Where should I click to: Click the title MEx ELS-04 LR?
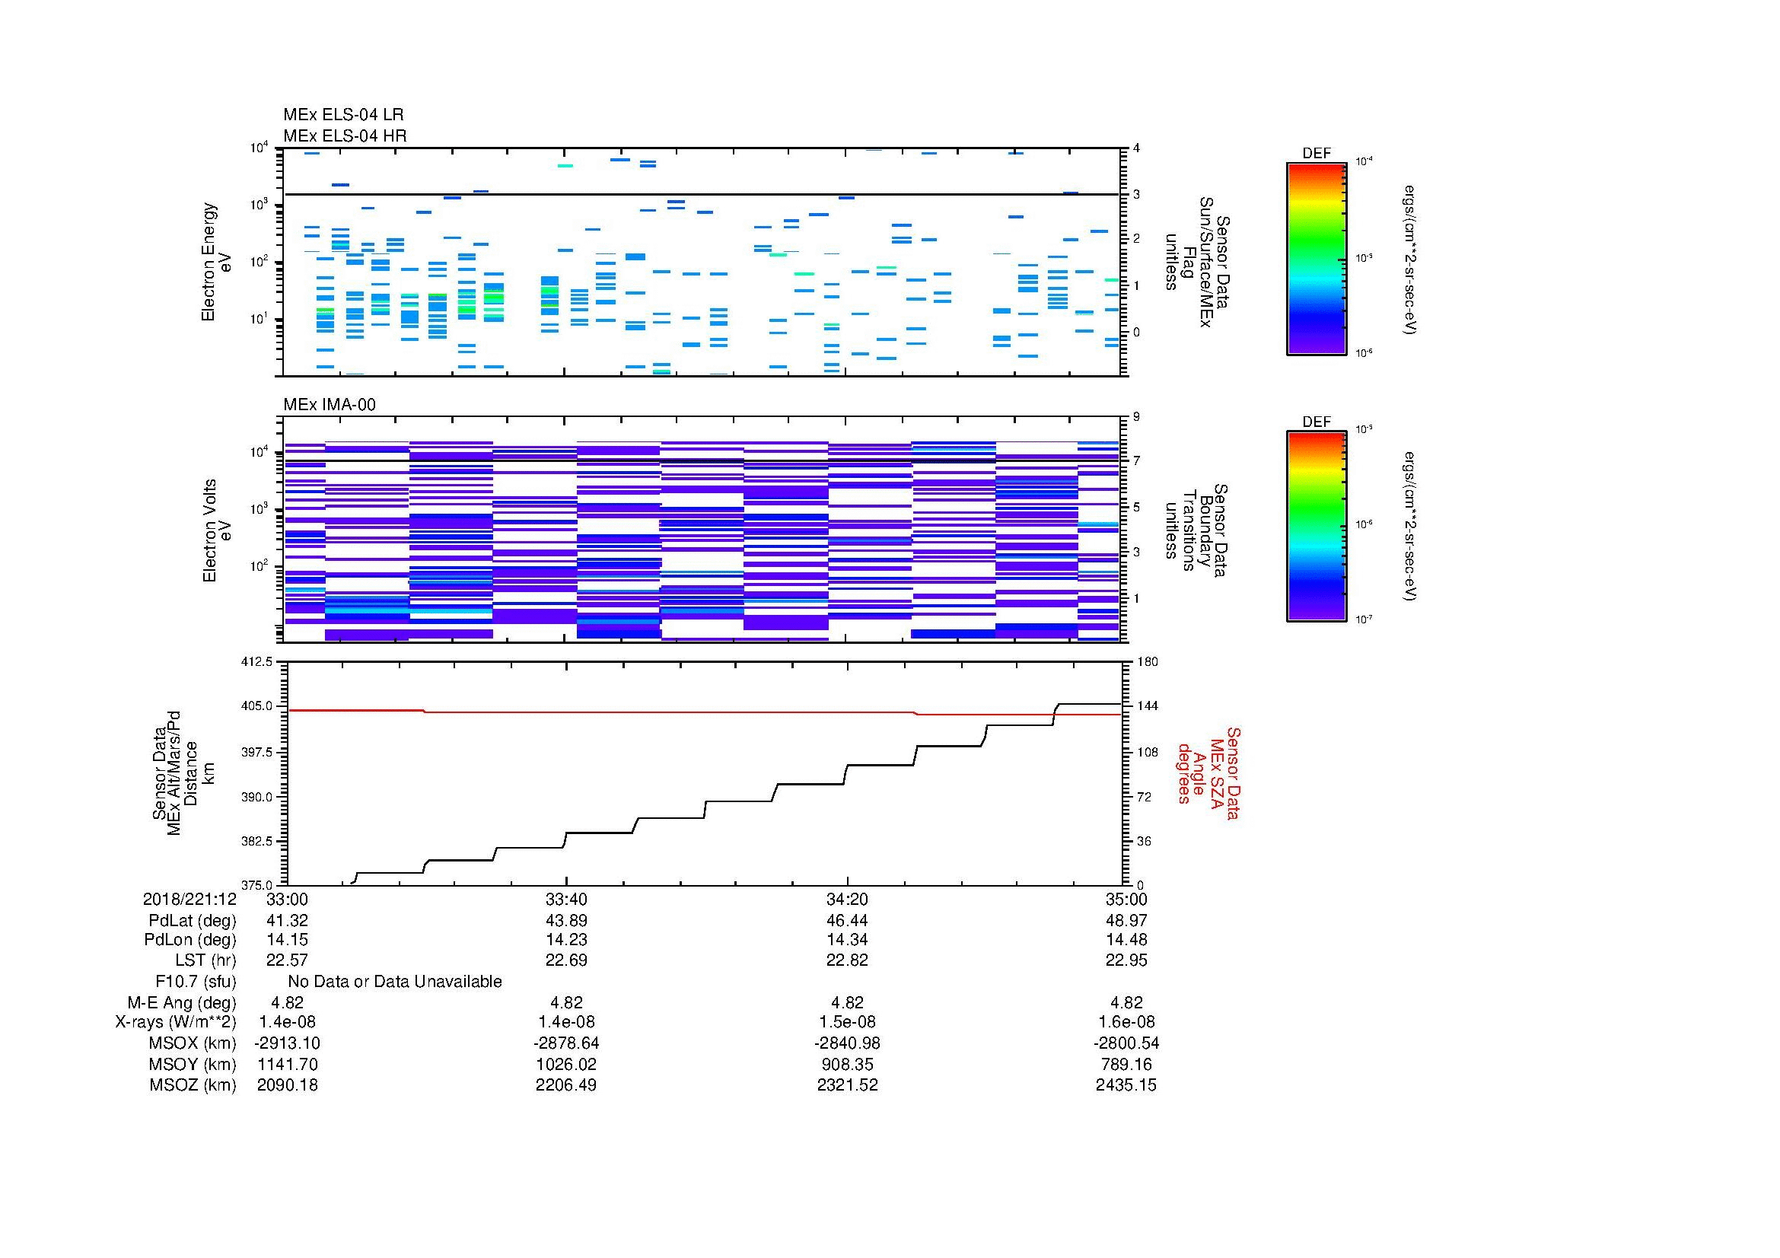pyautogui.click(x=342, y=115)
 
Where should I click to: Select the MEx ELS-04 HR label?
pyautogui.click(x=344, y=135)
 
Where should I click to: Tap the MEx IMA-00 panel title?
pyautogui.click(x=329, y=405)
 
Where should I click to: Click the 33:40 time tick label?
pyautogui.click(x=566, y=899)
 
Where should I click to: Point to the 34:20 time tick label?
pyautogui.click(x=846, y=899)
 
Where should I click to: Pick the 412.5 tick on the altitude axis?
pyautogui.click(x=257, y=662)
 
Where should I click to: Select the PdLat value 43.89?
pyautogui.click(x=566, y=920)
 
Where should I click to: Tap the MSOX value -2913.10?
pyautogui.click(x=287, y=1043)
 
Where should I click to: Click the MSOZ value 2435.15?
pyautogui.click(x=1126, y=1085)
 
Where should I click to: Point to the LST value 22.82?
pyautogui.click(x=846, y=960)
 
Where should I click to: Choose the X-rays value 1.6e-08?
pyautogui.click(x=1126, y=1022)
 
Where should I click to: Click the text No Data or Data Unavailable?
pyautogui.click(x=395, y=982)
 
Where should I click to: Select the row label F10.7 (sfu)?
pyautogui.click(x=196, y=982)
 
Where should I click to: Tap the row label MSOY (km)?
pyautogui.click(x=193, y=1064)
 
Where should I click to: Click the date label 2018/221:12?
pyautogui.click(x=189, y=899)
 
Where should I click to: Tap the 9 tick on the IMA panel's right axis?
pyautogui.click(x=1136, y=417)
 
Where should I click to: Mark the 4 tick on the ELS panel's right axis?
pyautogui.click(x=1136, y=148)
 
